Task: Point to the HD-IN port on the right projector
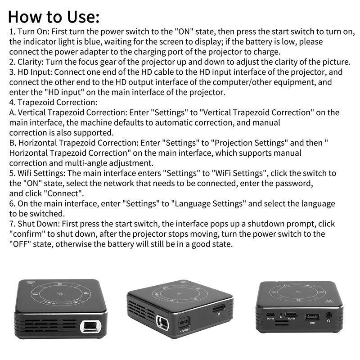tap(291, 315)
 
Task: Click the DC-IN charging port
tap(271, 315)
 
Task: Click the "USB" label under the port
tap(312, 323)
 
